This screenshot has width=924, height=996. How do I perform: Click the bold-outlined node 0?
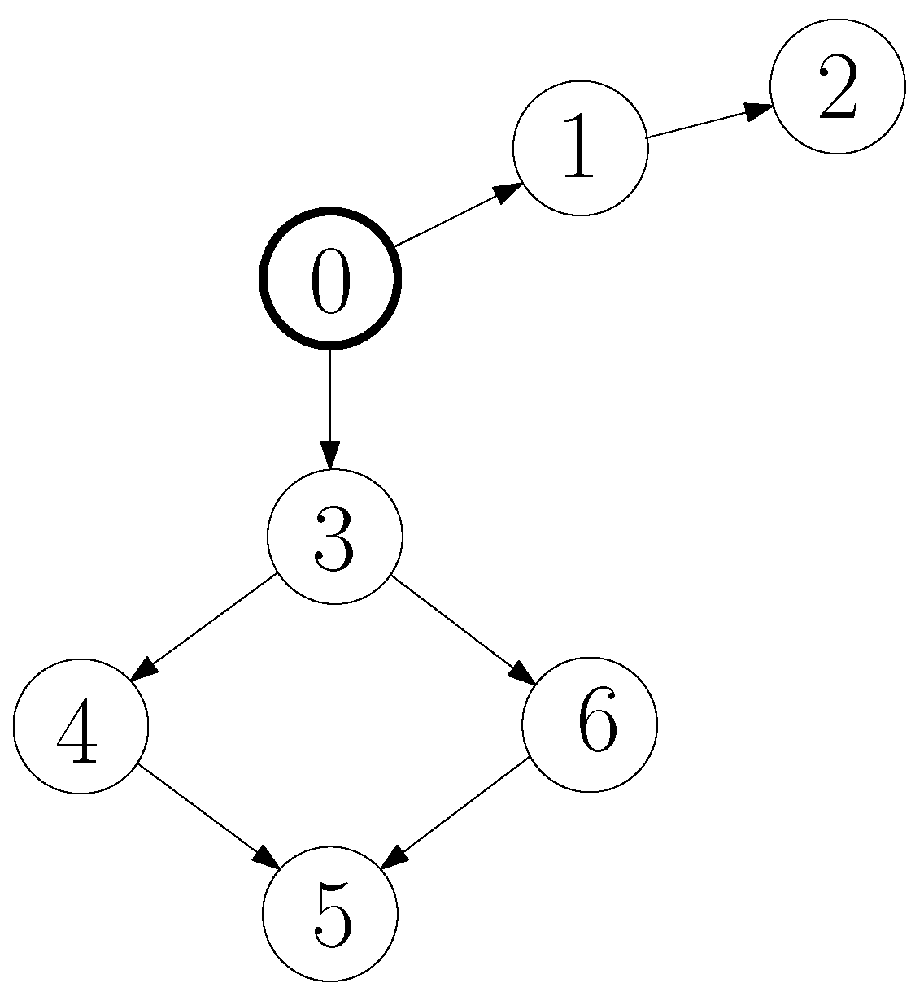[x=330, y=278]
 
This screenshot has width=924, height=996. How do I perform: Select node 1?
[x=580, y=148]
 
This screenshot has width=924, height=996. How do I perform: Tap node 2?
[x=838, y=85]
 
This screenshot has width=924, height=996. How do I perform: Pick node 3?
[x=334, y=537]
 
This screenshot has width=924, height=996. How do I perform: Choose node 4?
[x=81, y=725]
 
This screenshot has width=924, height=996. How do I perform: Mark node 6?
[x=589, y=724]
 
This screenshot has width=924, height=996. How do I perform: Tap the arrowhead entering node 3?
[x=330, y=455]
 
